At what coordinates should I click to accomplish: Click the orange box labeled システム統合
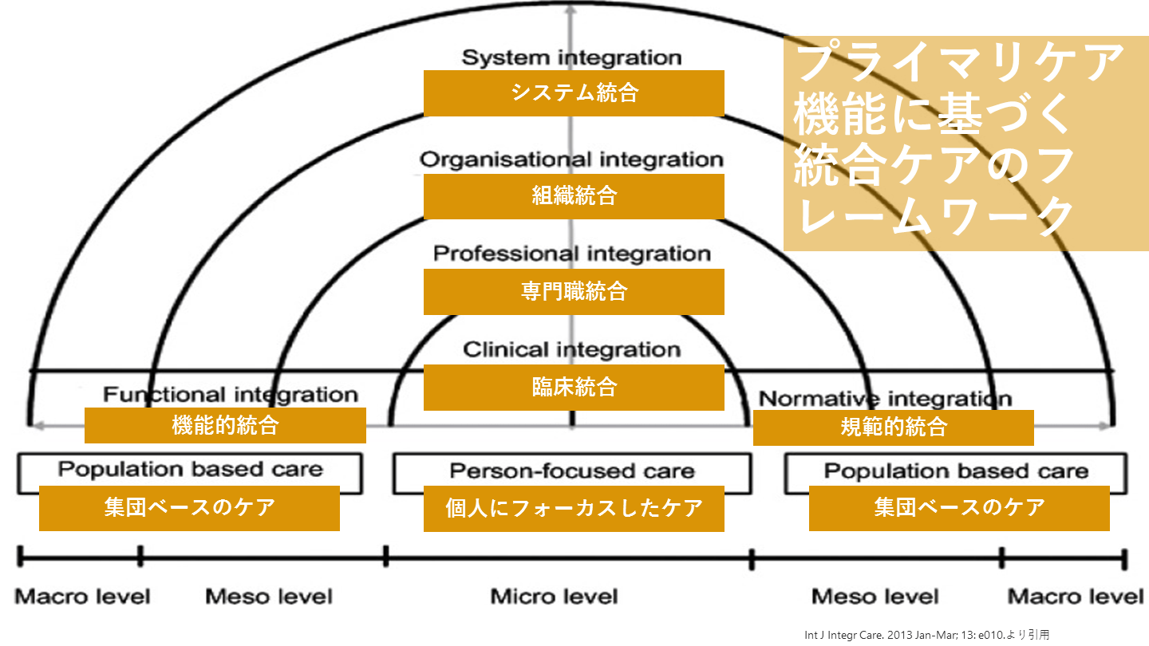574,93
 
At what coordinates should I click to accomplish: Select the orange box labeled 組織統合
574,195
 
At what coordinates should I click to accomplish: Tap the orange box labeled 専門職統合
574,291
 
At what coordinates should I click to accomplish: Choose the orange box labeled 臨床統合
574,388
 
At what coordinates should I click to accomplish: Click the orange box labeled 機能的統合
225,425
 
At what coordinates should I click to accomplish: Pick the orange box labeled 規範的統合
893,427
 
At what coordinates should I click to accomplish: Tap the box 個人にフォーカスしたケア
574,508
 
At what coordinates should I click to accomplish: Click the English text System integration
572,57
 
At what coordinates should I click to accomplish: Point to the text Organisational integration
571,160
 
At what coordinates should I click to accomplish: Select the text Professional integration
571,254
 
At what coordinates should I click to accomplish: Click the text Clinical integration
571,349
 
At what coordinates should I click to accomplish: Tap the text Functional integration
230,395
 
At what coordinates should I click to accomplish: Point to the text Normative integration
885,399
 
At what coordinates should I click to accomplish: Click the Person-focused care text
572,471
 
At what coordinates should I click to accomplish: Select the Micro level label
554,597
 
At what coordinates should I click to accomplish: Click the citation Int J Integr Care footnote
927,636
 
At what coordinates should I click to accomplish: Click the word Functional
164,395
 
